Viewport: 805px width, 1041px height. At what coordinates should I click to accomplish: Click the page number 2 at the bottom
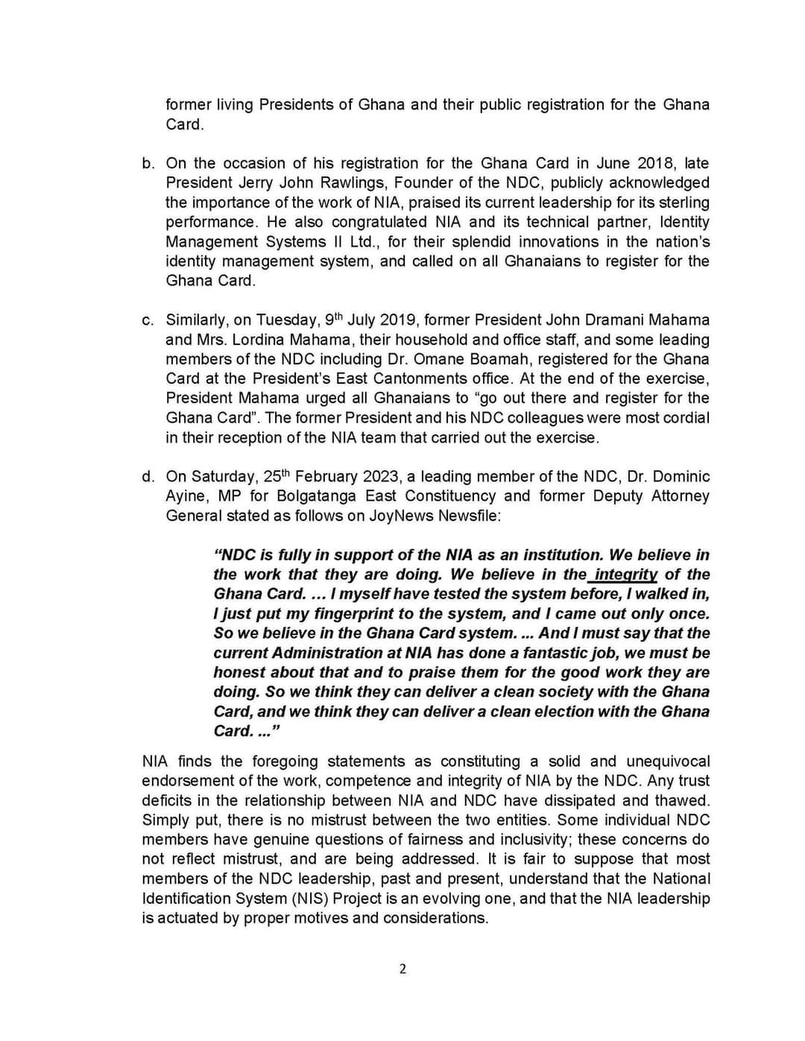(x=402, y=969)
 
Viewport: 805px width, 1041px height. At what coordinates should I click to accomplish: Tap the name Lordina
(x=265, y=339)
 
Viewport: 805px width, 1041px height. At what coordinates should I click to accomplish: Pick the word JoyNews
(x=399, y=516)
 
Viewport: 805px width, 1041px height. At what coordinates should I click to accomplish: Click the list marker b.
(x=148, y=163)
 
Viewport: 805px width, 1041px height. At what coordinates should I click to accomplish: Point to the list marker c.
(x=148, y=320)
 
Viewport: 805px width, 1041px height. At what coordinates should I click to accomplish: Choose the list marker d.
(x=148, y=476)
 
